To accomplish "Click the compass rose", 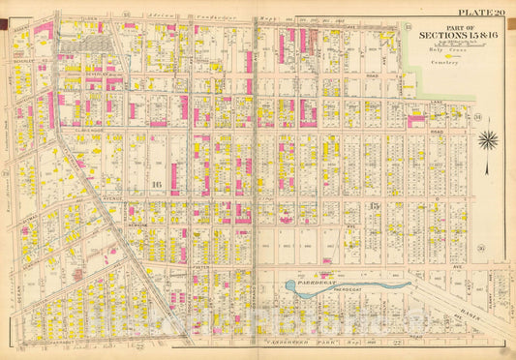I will tap(488, 139).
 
